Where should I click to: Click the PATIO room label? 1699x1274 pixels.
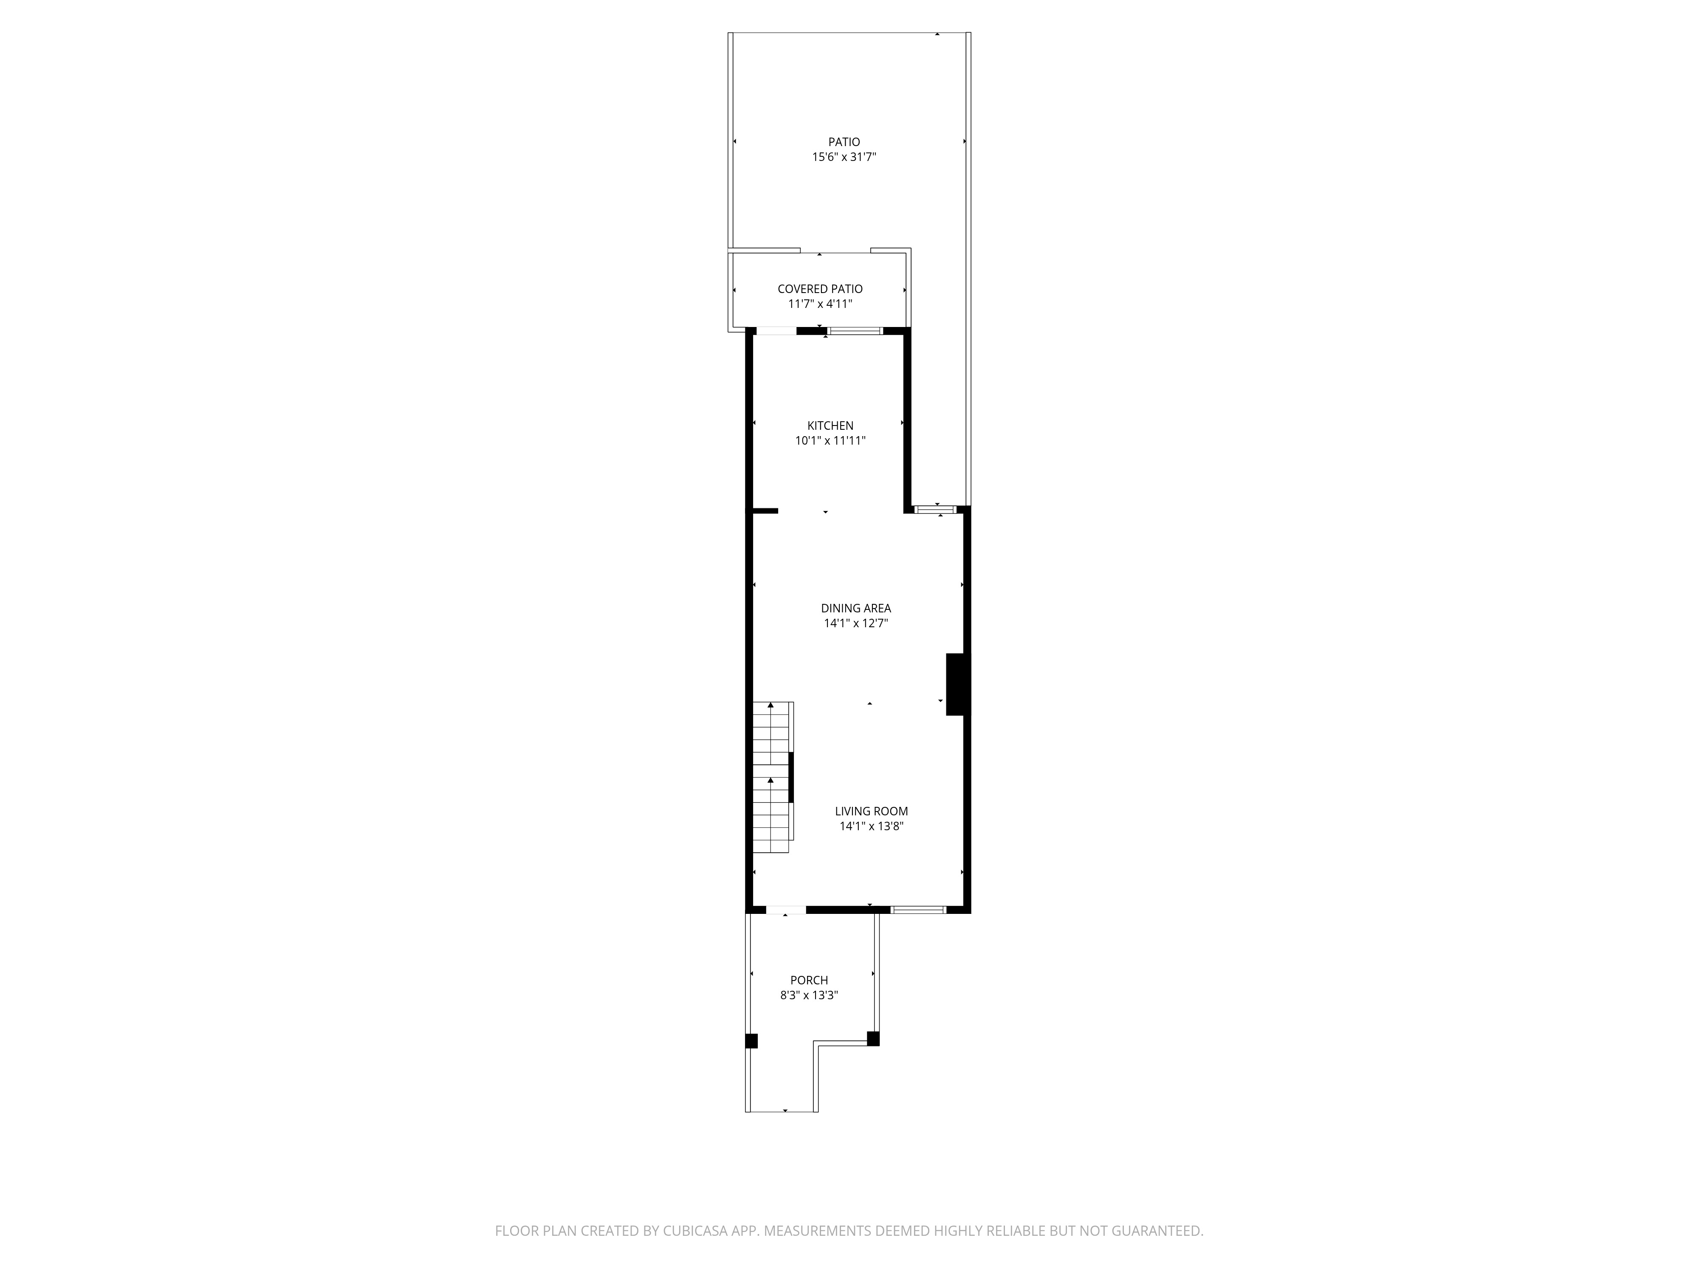coord(844,142)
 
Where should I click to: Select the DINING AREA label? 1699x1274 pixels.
coord(855,608)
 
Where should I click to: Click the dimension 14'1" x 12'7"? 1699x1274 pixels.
coord(855,623)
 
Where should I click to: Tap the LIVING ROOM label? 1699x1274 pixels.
coord(871,811)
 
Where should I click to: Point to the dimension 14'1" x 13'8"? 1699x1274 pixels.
coord(871,826)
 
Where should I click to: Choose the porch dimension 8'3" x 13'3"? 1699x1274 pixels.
coord(809,995)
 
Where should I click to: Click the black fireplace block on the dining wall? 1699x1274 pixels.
coord(957,684)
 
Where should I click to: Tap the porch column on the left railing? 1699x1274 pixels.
coord(751,1041)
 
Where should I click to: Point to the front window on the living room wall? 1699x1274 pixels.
coord(918,910)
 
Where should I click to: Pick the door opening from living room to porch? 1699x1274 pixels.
coord(786,910)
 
